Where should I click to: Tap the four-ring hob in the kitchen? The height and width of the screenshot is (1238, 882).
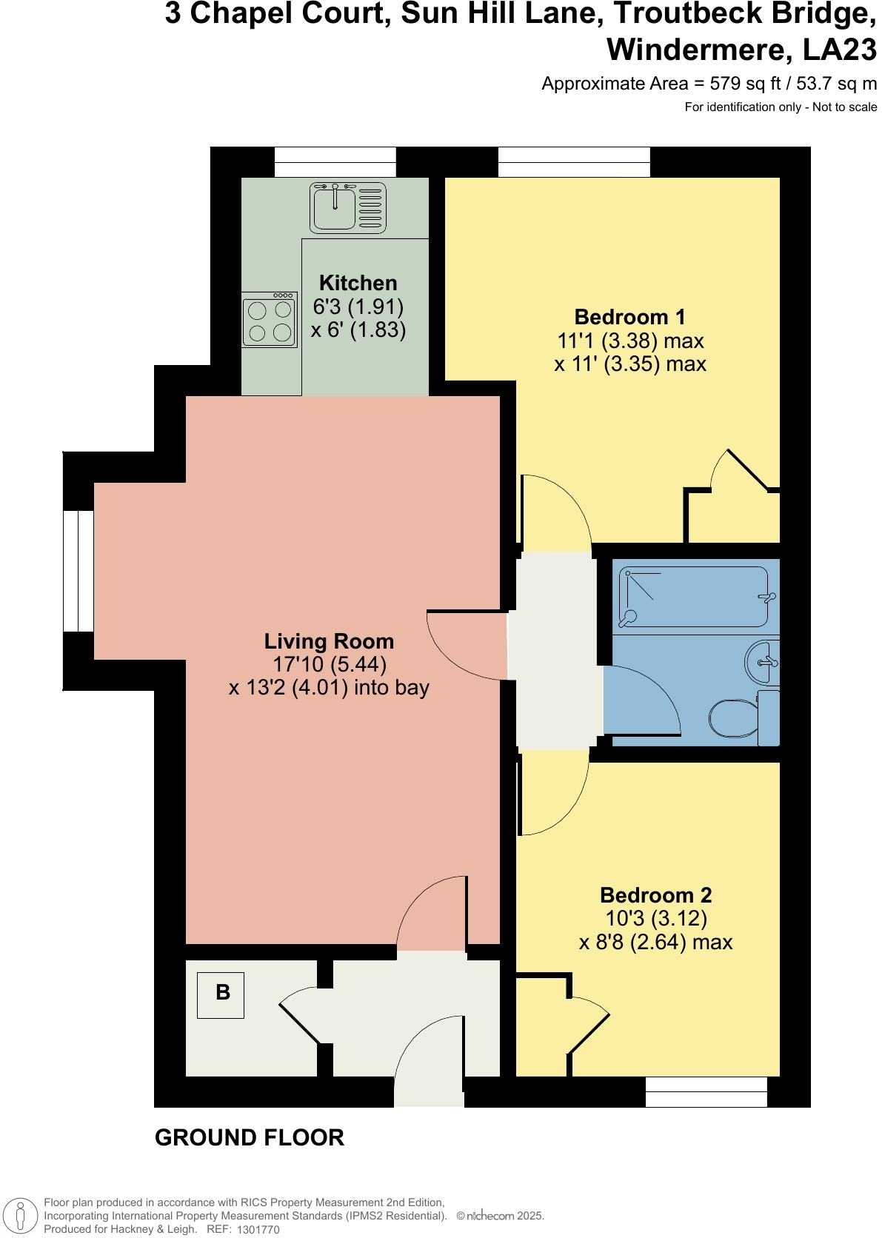(270, 321)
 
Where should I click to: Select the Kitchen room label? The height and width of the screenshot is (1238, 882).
(358, 283)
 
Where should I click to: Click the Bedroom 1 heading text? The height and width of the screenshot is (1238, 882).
(629, 317)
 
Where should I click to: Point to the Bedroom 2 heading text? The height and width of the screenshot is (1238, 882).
(655, 895)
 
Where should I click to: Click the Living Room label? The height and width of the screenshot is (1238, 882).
(329, 641)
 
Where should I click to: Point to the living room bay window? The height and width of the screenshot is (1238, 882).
(78, 571)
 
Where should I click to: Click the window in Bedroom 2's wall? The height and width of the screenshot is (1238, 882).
(706, 1091)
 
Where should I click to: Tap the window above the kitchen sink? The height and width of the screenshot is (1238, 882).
(335, 161)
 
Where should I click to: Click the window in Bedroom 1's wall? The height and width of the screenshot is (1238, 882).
(574, 161)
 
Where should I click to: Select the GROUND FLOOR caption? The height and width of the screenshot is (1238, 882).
(250, 1137)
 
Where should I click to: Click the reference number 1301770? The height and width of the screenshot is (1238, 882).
(258, 1229)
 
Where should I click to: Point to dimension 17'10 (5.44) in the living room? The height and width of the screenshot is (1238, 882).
(330, 664)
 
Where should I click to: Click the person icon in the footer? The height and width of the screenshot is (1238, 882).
(21, 1216)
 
